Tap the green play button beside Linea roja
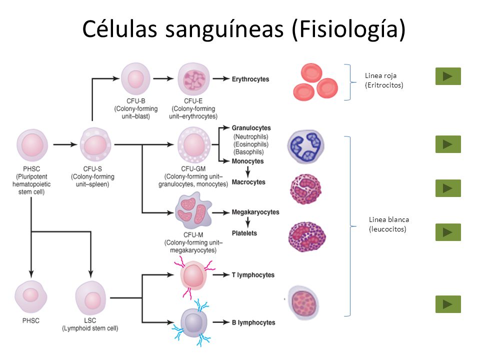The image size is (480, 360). point(448,76)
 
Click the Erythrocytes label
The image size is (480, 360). point(250,79)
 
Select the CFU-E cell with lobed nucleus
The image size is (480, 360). point(193,79)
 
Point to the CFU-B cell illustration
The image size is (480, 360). point(135,79)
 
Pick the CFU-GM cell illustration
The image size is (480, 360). point(193,144)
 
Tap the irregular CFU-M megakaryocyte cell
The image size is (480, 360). point(193,210)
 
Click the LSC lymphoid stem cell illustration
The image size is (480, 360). point(92,300)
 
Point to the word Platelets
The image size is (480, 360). point(244,233)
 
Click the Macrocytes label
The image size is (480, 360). point(248,182)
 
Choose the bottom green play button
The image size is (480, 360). point(448,304)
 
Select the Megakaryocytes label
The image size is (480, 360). point(255,212)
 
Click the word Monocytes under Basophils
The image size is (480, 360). point(247,161)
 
